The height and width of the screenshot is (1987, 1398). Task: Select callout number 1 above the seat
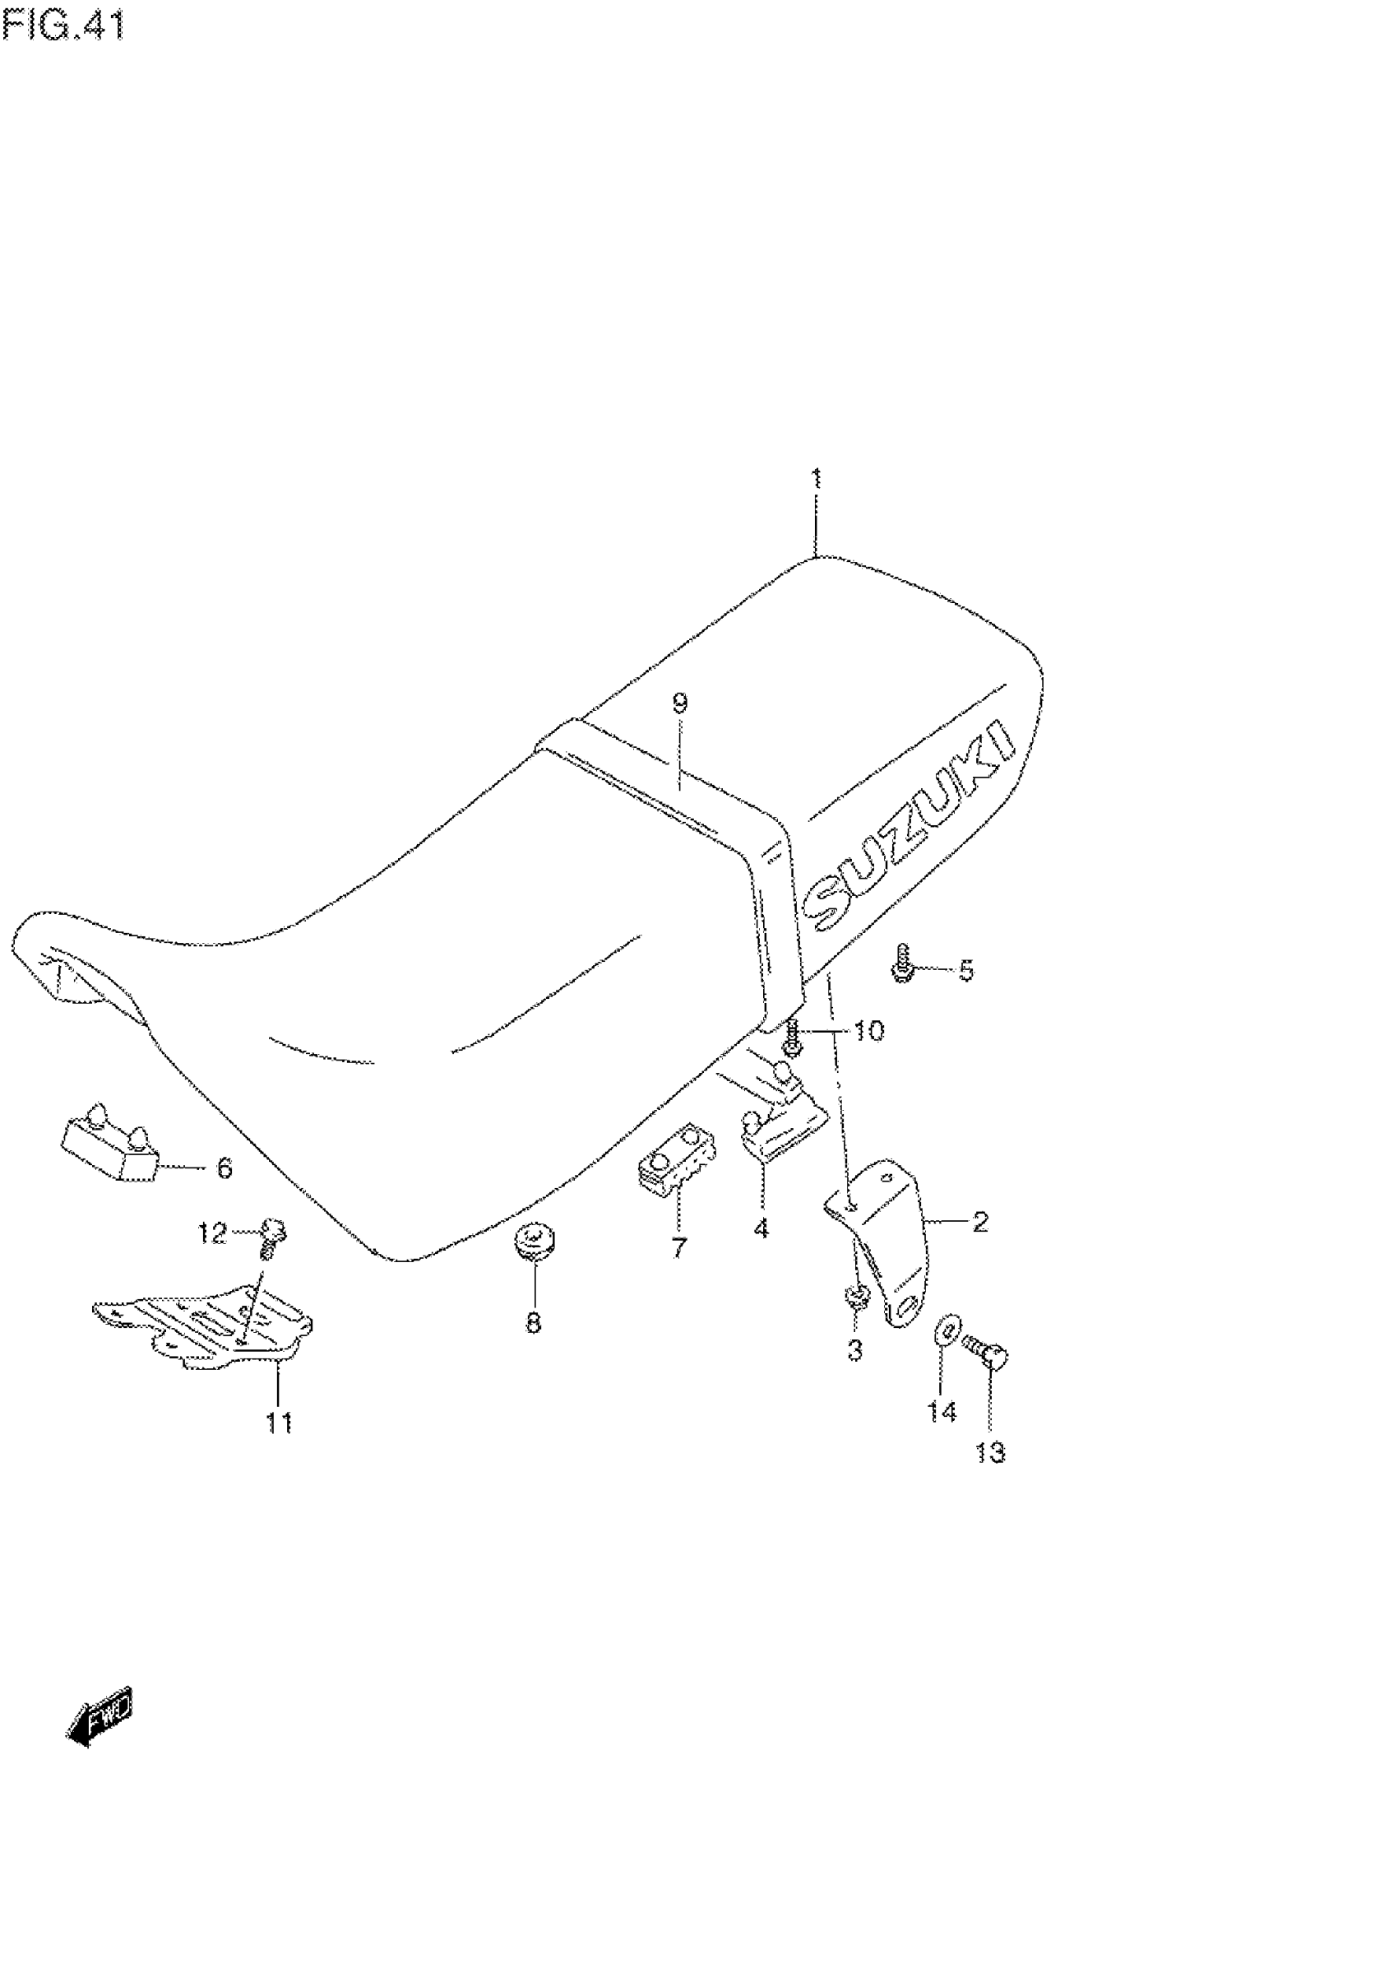click(x=816, y=479)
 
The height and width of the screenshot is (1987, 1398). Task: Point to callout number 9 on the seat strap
click(x=679, y=703)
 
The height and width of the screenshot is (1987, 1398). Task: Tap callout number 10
click(x=868, y=1031)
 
